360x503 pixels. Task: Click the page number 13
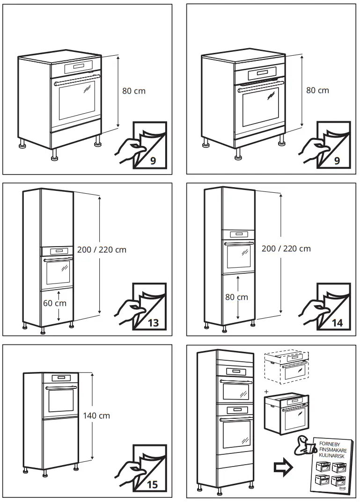click(153, 322)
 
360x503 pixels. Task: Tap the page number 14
click(337, 322)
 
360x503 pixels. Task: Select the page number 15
click(153, 484)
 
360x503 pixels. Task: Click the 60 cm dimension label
click(55, 303)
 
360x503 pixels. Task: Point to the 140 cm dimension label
click(96, 416)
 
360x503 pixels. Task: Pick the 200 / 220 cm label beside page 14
click(286, 248)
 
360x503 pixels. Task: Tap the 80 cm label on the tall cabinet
click(236, 297)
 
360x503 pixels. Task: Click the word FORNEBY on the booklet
click(330, 442)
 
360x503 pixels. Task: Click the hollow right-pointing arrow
click(283, 467)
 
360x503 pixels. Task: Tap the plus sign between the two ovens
click(267, 391)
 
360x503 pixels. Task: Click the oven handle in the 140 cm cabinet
click(61, 388)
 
